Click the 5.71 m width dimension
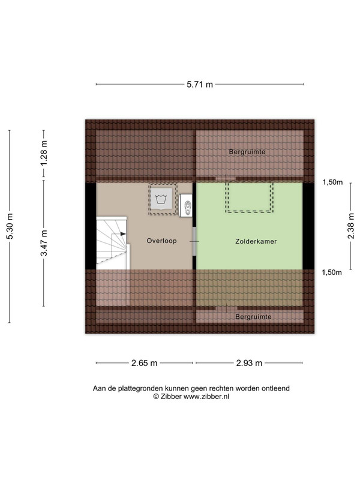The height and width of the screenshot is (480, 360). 200,84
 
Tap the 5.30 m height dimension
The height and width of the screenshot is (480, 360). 10,226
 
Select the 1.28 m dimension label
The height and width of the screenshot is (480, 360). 44,153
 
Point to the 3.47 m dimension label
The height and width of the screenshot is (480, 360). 44,242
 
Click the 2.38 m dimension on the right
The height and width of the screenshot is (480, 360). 351,226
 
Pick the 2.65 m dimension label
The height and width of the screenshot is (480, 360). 144,363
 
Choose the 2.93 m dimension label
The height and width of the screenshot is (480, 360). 249,363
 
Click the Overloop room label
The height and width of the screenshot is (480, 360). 161,241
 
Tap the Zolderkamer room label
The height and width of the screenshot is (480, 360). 256,242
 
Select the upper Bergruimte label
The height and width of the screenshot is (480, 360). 247,152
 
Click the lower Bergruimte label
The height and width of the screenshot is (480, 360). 253,317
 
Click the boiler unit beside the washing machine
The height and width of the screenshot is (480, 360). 185,205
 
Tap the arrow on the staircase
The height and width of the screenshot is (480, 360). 123,234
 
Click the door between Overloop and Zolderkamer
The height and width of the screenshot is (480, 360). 194,241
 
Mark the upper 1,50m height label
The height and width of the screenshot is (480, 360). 332,182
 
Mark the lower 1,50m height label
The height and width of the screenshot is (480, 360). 332,272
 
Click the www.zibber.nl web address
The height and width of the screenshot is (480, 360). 206,397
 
